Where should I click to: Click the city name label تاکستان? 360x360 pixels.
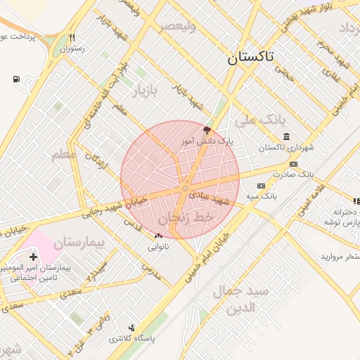pyautogui.click(x=252, y=58)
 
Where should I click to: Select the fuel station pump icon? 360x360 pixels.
pyautogui.click(x=16, y=79)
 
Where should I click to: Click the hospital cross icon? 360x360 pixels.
pyautogui.click(x=32, y=257)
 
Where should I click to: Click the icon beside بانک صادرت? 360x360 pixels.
pyautogui.click(x=293, y=164)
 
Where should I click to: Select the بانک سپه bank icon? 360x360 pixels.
pyautogui.click(x=261, y=186)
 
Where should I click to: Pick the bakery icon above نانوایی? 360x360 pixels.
pyautogui.click(x=157, y=236)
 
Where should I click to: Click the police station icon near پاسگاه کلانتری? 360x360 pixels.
pyautogui.click(x=131, y=328)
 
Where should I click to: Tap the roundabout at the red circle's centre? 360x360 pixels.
pyautogui.click(x=184, y=188)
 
